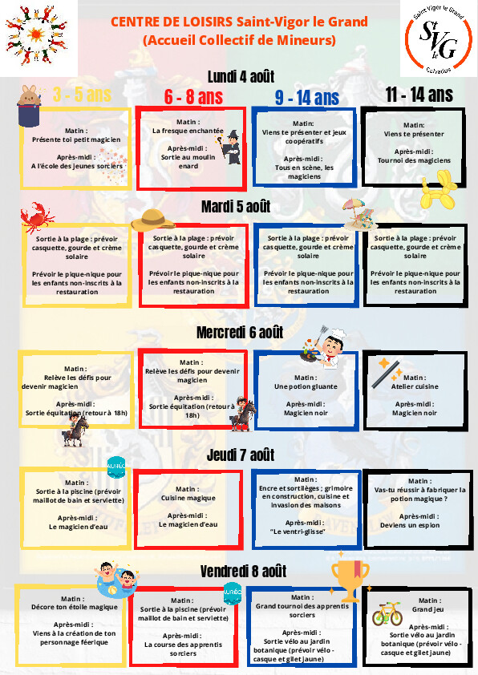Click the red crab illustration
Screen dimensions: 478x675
point(37,217)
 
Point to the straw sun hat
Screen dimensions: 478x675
point(153,220)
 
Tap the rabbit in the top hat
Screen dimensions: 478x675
point(30,106)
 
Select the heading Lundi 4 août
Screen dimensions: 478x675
point(241,77)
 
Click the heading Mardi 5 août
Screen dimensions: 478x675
point(236,207)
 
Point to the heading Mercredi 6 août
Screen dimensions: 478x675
point(240,333)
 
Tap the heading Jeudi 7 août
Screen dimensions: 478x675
point(241,455)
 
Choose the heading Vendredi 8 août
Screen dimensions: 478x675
point(243,572)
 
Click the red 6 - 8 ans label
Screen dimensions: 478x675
point(193,97)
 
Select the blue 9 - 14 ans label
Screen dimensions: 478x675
point(307,98)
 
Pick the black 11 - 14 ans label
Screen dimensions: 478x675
point(419,95)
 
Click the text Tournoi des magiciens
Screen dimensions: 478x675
point(415,160)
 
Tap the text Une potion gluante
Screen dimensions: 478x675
point(306,386)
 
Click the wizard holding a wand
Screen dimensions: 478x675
point(231,147)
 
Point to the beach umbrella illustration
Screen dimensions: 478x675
point(359,213)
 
